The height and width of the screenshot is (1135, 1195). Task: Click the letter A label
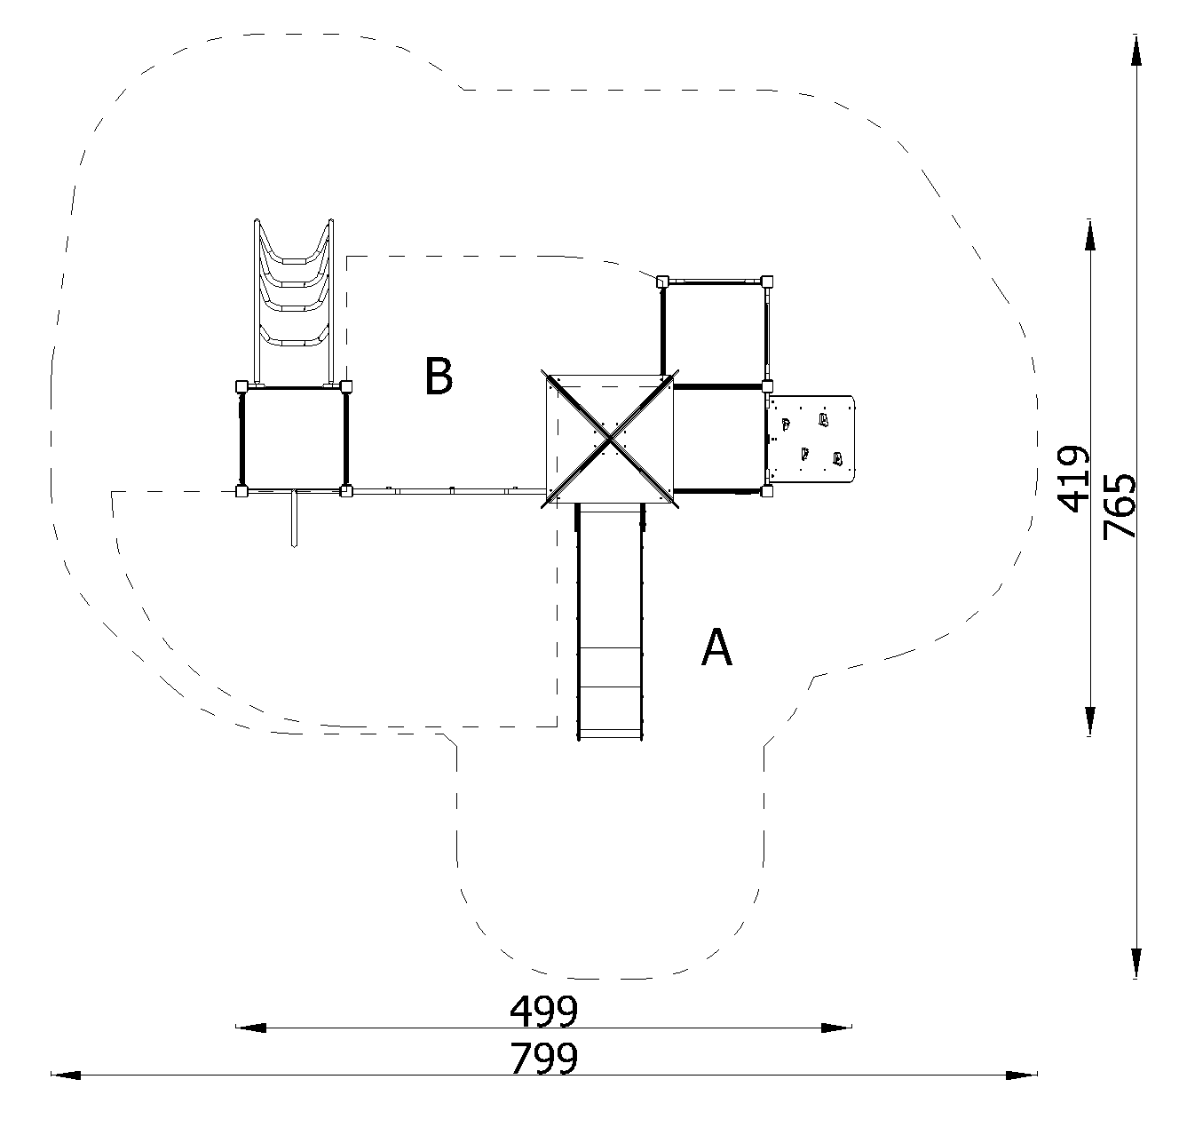click(x=716, y=647)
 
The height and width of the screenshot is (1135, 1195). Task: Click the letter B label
click(x=439, y=377)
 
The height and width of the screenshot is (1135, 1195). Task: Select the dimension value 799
click(x=543, y=1059)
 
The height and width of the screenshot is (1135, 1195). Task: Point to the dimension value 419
click(x=1072, y=479)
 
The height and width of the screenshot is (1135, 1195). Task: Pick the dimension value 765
click(x=1119, y=506)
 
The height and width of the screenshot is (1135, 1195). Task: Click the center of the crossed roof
click(x=610, y=438)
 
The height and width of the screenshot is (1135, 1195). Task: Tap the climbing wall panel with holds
click(x=811, y=439)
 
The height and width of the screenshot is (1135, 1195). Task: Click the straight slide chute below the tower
click(x=610, y=622)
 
